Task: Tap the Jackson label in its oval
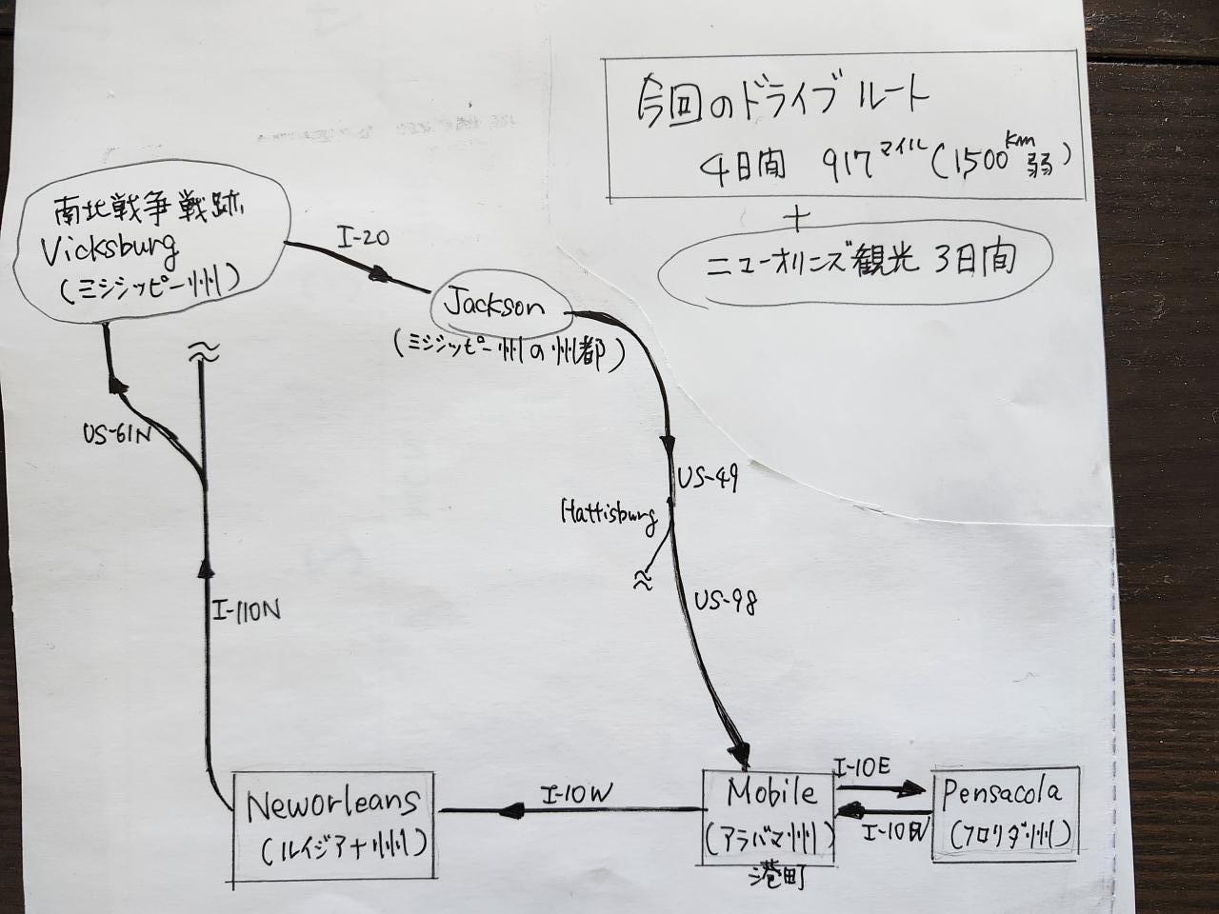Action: [494, 306]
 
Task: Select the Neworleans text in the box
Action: [332, 805]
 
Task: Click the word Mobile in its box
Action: [771, 792]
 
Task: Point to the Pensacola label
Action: [1001, 793]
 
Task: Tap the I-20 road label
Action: [363, 237]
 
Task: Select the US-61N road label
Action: [117, 434]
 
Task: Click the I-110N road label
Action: [247, 610]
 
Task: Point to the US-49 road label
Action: [708, 478]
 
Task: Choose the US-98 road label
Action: [726, 602]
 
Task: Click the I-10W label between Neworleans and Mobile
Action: [576, 792]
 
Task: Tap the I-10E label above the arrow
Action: [863, 766]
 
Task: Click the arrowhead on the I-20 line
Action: [380, 275]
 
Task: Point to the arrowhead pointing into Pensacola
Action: [913, 788]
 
